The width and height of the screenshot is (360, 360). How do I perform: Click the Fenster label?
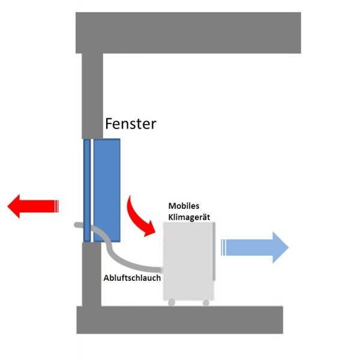click(x=130, y=124)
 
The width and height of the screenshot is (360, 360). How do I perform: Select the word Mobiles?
click(x=184, y=206)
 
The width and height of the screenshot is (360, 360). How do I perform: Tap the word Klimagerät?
click(x=188, y=216)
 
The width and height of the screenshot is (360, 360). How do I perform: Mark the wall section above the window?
click(x=92, y=96)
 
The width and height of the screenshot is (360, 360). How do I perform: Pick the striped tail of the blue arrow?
click(x=224, y=247)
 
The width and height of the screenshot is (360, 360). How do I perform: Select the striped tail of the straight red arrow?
click(x=56, y=206)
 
